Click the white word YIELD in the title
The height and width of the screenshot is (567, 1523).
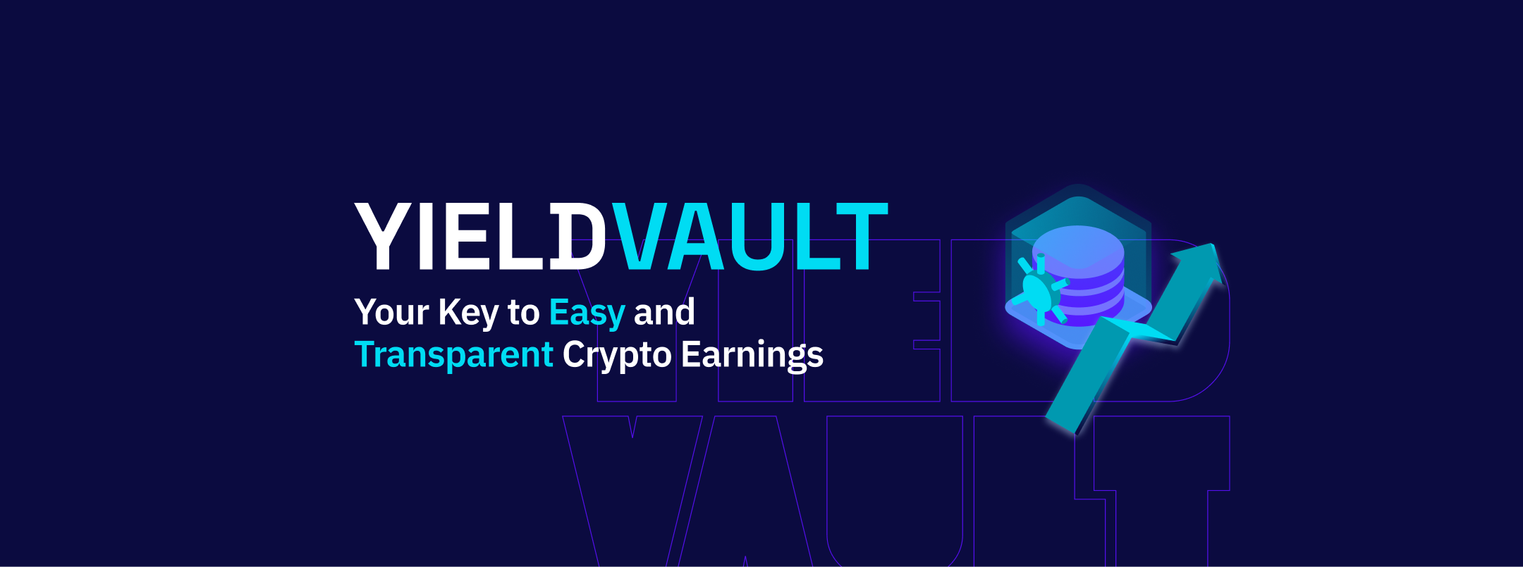(x=479, y=237)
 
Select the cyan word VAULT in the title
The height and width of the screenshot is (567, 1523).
(x=749, y=237)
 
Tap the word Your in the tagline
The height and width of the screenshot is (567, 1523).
(x=391, y=313)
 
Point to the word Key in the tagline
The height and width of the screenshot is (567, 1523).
(x=467, y=313)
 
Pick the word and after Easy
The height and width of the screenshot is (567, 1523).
(x=664, y=312)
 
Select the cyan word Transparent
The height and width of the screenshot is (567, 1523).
(x=453, y=355)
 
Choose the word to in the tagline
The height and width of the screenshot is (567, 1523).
(x=523, y=313)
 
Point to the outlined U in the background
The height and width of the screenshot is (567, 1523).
(x=894, y=493)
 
